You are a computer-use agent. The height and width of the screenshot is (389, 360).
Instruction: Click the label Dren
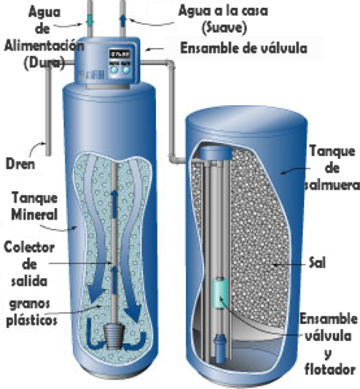(x=20, y=164)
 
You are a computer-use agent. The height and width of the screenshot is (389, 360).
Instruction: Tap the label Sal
(x=317, y=262)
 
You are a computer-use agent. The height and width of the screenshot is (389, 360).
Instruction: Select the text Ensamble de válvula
(x=243, y=48)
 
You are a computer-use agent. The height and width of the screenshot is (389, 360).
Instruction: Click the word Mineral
(x=34, y=215)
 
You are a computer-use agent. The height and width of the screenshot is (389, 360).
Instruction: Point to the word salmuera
(x=333, y=185)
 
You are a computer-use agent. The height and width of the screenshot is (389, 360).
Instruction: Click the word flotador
(x=330, y=370)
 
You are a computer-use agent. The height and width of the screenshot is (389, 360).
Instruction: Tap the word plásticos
(x=31, y=320)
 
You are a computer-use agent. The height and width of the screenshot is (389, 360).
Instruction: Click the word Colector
(x=29, y=247)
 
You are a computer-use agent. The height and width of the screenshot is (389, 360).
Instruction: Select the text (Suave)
(x=224, y=27)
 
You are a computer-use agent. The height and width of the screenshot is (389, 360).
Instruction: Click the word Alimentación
(x=44, y=46)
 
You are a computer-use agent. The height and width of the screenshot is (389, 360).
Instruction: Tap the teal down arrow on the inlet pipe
(x=89, y=21)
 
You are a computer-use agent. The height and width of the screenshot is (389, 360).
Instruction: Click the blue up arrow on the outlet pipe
(x=123, y=21)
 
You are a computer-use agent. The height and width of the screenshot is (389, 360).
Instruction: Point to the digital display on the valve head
(x=120, y=54)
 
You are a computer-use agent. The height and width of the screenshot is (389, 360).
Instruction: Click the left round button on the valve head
(x=115, y=70)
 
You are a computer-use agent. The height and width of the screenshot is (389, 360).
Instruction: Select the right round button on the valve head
(x=126, y=70)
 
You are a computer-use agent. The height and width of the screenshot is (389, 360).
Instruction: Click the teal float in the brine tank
(x=220, y=293)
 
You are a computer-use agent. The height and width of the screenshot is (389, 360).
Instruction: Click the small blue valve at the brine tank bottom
(x=220, y=348)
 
